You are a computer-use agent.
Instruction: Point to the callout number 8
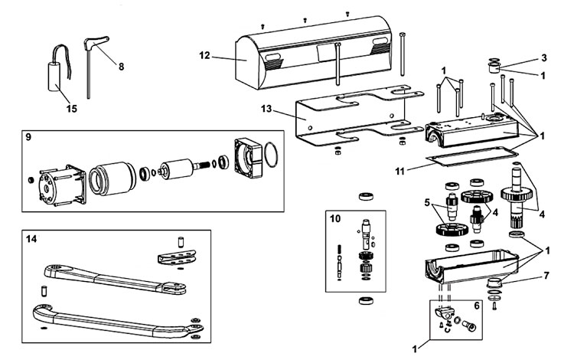tap(120, 66)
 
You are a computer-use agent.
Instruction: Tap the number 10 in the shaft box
tap(334, 218)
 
